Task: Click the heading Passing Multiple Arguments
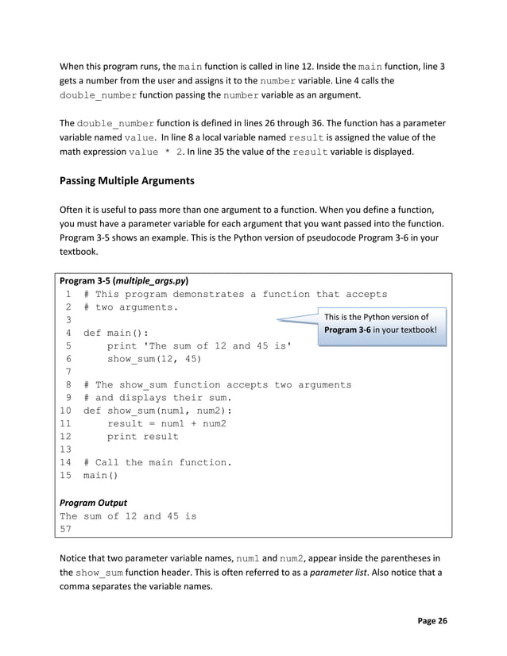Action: (x=126, y=180)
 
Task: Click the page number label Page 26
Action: (x=429, y=620)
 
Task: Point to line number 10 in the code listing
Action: (x=66, y=411)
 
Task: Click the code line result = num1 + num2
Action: (x=166, y=423)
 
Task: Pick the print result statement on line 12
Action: (x=143, y=436)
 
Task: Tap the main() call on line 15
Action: (x=100, y=476)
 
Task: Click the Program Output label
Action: (x=93, y=502)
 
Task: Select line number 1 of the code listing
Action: (x=69, y=294)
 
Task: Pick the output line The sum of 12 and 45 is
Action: (x=128, y=515)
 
